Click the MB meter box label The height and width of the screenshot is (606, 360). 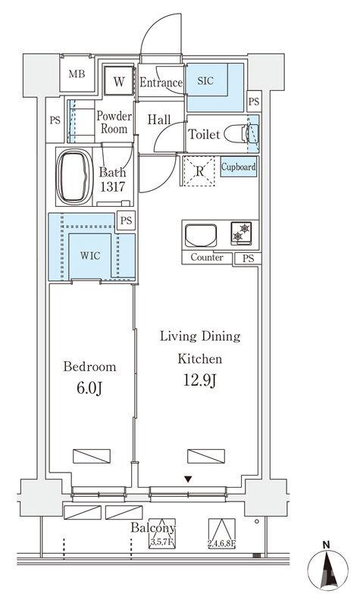(x=77, y=73)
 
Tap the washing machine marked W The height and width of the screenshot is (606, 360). (x=120, y=81)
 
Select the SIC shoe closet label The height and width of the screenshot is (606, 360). (x=205, y=80)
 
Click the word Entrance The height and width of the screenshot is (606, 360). (x=161, y=83)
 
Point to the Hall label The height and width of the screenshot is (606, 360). (x=159, y=120)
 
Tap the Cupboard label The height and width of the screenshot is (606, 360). (x=238, y=167)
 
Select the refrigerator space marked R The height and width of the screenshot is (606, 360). (x=199, y=171)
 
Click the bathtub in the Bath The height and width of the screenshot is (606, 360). (x=74, y=176)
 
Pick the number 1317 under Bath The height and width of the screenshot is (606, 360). (x=113, y=186)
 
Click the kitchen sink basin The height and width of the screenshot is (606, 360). (x=201, y=236)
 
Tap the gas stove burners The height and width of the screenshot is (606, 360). (x=241, y=233)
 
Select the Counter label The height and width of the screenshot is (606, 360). (x=207, y=258)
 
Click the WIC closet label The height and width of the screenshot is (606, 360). (x=90, y=255)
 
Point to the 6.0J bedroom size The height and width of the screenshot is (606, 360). (x=89, y=389)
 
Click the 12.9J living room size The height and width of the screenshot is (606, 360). (x=199, y=381)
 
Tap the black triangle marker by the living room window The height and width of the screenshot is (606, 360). (x=188, y=479)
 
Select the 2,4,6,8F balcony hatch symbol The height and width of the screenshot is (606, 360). (x=221, y=534)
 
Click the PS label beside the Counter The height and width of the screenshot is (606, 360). (x=249, y=259)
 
